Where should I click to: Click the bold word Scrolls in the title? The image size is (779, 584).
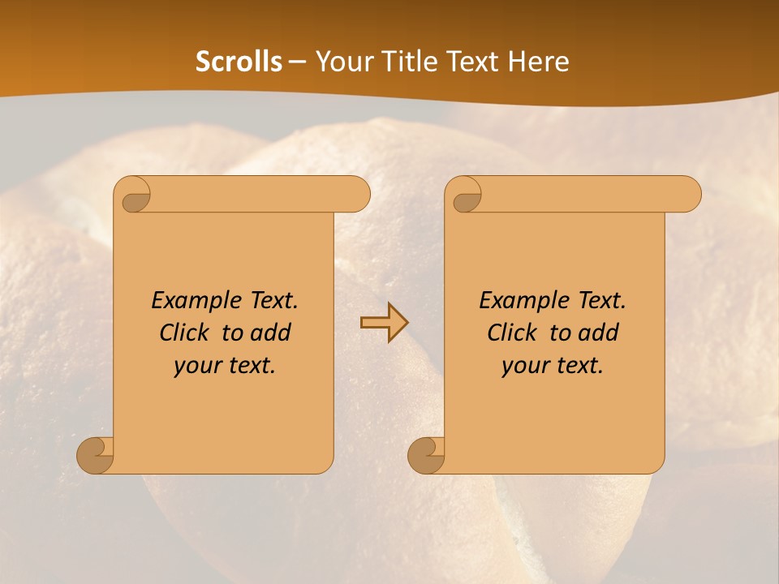pyautogui.click(x=239, y=62)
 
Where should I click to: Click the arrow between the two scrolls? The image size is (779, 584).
pyautogui.click(x=384, y=322)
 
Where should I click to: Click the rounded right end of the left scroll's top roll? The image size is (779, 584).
pyautogui.click(x=359, y=194)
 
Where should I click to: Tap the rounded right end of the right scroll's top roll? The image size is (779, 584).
pyautogui.click(x=690, y=194)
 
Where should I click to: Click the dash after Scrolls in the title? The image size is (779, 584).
pyautogui.click(x=298, y=62)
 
